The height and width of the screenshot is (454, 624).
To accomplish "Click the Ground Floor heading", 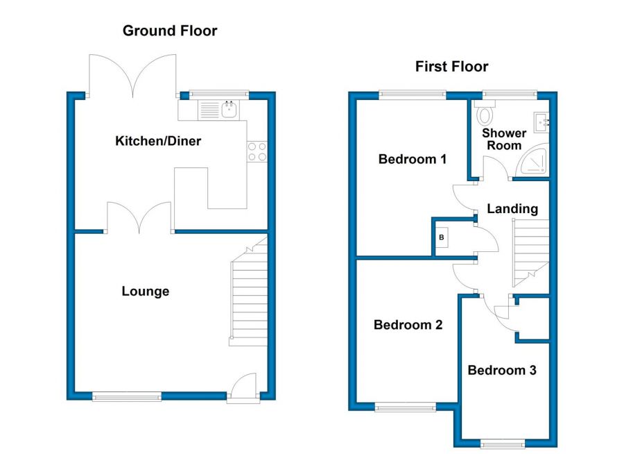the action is [x=170, y=31].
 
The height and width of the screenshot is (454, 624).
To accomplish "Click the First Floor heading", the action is [x=451, y=66].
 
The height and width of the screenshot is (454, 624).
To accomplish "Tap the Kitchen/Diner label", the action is [x=158, y=141].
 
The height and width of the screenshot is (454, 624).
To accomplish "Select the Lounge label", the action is [x=146, y=291].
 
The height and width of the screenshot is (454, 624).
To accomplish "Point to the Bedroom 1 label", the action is [x=413, y=159].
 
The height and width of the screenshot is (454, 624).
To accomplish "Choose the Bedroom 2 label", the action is [x=408, y=324].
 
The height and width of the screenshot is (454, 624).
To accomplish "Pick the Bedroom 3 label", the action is [x=502, y=370].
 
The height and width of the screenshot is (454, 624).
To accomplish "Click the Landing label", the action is [x=512, y=208].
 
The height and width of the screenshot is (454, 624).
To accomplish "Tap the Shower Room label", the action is [x=504, y=139].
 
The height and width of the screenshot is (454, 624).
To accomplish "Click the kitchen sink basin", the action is [x=229, y=110].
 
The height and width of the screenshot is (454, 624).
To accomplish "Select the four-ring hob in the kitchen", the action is [x=257, y=152].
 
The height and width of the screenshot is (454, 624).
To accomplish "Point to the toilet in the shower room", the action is [x=485, y=112].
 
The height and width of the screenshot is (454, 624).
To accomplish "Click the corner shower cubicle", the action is [x=532, y=160].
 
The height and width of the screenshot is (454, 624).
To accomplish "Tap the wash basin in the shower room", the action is [x=541, y=122].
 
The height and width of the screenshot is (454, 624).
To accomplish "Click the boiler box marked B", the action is [x=442, y=237].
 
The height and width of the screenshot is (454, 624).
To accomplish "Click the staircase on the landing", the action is [x=531, y=253].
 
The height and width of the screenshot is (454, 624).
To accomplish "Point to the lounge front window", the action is [x=127, y=396].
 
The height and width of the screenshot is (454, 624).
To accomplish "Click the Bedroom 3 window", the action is [x=503, y=444].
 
